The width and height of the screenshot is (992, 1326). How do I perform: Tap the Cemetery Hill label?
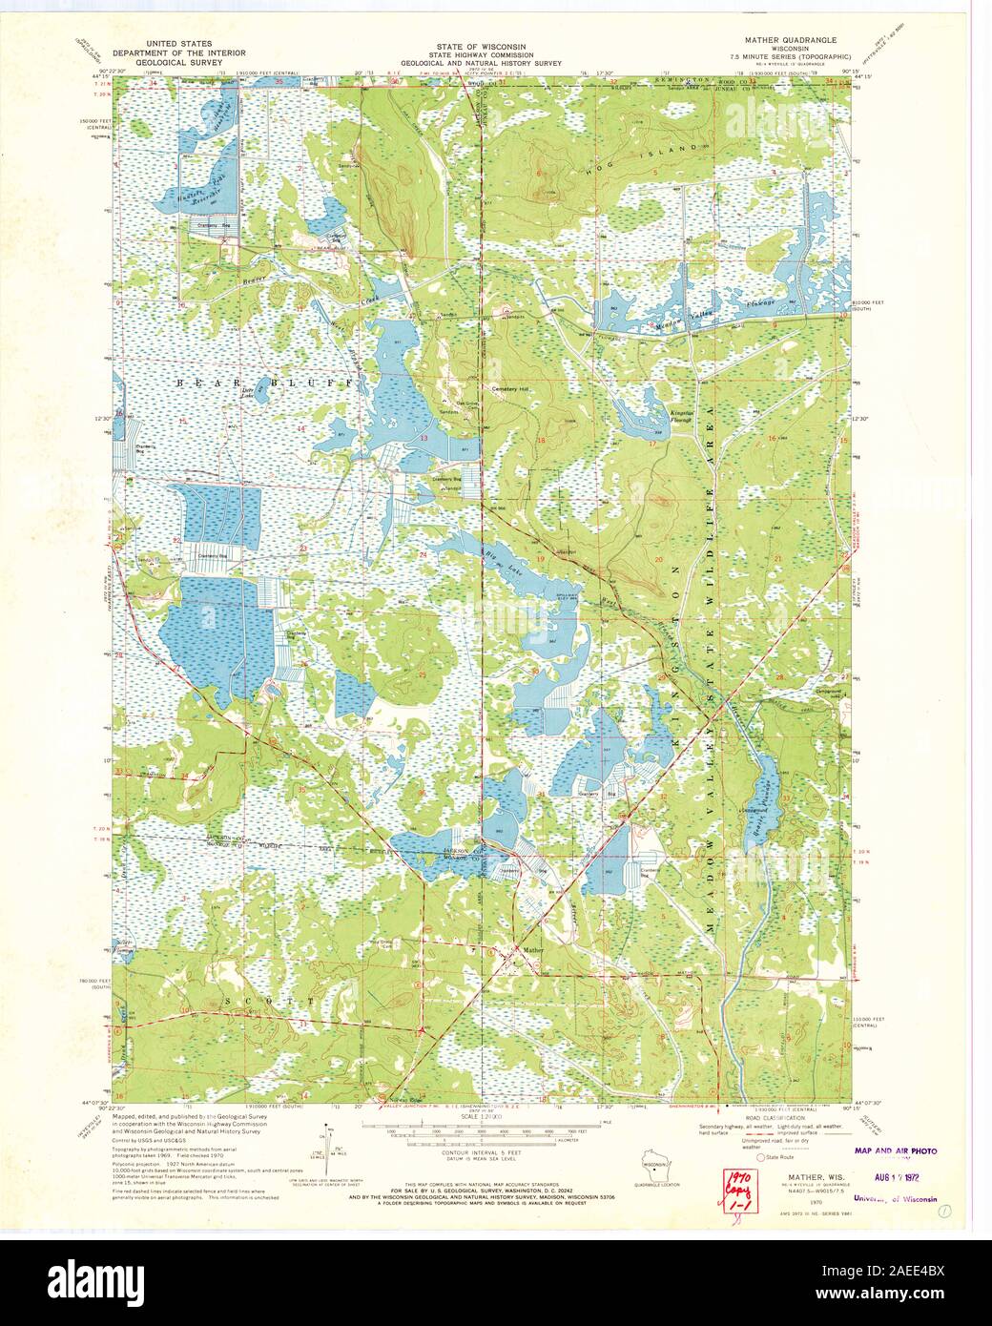(509, 389)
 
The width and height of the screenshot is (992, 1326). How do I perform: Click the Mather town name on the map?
(530, 949)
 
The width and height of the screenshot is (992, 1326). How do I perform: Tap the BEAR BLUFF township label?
(269, 382)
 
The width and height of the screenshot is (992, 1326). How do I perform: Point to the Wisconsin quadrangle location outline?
(654, 1170)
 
